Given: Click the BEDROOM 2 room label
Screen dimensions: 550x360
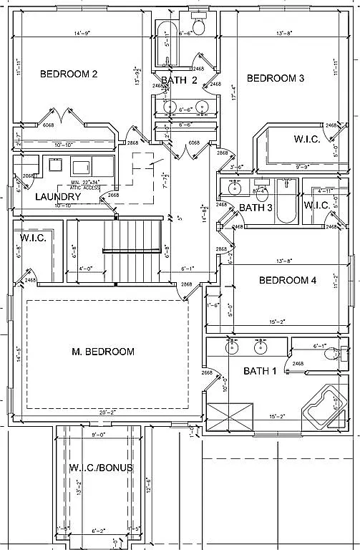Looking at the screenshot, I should [x=68, y=74].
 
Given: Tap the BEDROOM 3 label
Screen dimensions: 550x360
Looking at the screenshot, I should [x=276, y=78].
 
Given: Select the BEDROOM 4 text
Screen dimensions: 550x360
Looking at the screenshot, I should [x=287, y=280].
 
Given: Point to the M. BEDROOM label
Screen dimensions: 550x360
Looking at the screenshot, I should [x=104, y=352].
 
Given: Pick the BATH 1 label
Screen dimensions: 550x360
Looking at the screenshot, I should [x=259, y=371].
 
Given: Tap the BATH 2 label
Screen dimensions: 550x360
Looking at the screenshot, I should [x=178, y=80].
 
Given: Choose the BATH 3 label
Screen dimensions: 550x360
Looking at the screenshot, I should [x=256, y=208].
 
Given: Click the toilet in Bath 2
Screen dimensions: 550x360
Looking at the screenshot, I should [x=200, y=26].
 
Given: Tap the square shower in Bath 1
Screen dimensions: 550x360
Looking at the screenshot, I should [x=229, y=416].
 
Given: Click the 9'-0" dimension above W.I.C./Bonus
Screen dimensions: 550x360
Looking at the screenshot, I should [x=98, y=434].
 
